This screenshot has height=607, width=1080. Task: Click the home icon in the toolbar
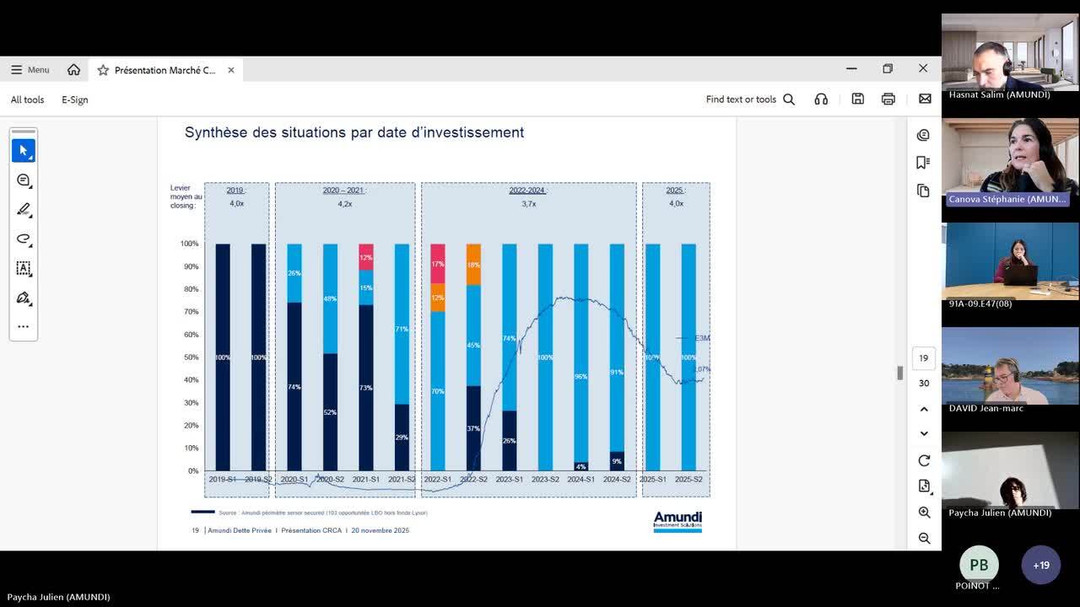(73, 70)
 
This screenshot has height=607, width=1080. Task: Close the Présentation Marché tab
(231, 70)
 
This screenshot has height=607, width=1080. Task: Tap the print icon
(888, 99)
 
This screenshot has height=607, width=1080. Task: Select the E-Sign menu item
(74, 99)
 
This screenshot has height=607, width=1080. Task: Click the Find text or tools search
(750, 99)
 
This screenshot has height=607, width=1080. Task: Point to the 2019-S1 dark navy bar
(223, 357)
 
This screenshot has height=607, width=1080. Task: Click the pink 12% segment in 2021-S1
(366, 257)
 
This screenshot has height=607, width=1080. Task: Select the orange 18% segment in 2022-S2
(473, 264)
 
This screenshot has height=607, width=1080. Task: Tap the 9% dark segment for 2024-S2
(617, 461)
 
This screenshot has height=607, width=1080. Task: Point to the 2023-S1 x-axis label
(510, 480)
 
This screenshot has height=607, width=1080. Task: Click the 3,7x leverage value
(528, 204)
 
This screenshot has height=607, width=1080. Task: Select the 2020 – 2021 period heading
(343, 191)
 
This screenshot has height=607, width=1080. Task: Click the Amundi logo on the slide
(678, 521)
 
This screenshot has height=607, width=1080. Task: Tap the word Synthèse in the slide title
(215, 132)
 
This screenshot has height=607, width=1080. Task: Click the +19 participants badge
(1040, 566)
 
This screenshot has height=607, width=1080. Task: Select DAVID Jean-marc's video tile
(1010, 366)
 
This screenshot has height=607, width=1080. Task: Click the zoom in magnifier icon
(924, 513)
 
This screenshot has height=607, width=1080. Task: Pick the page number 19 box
(923, 358)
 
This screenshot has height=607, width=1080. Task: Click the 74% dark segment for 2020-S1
(294, 386)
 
